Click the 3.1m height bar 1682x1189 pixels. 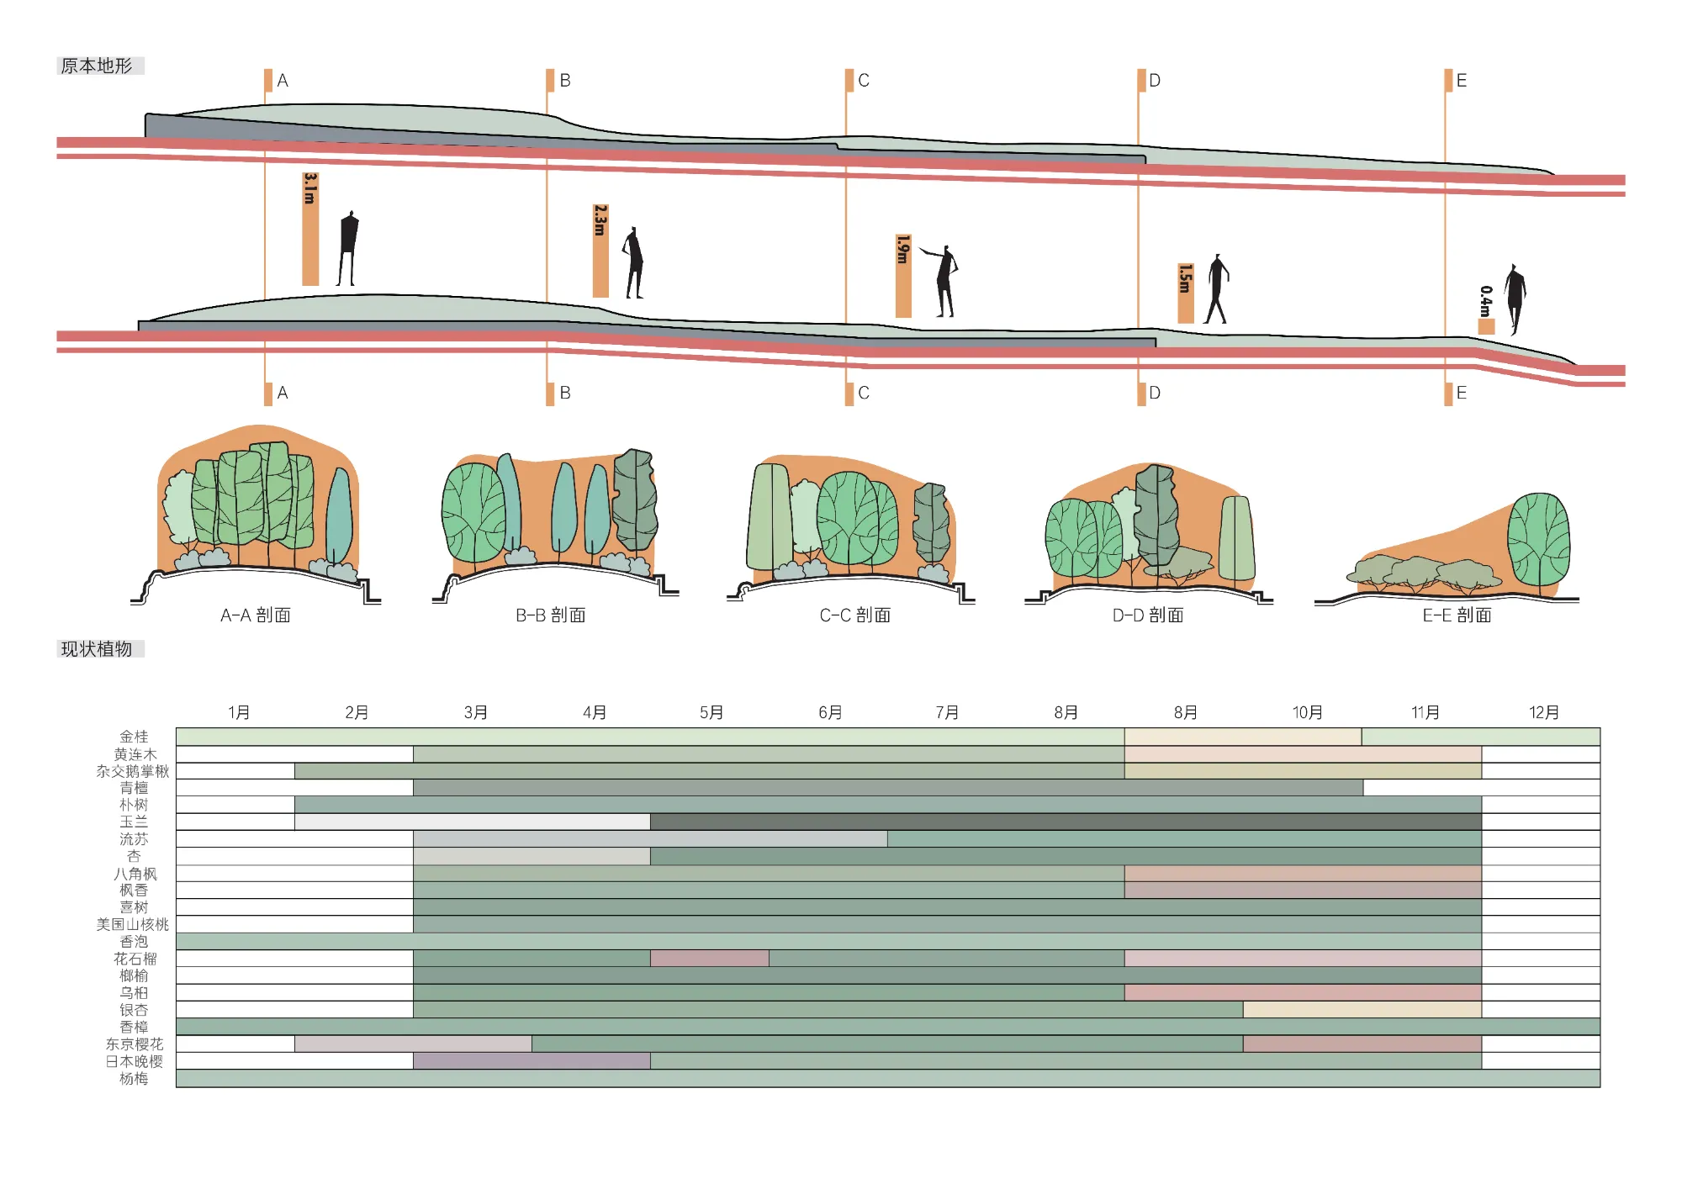(x=310, y=229)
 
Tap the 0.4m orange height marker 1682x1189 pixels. (x=1486, y=326)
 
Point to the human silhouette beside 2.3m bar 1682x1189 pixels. (x=634, y=262)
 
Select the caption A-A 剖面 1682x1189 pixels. (x=256, y=616)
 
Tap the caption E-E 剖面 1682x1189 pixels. (x=1457, y=616)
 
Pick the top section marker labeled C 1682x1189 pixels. (x=850, y=81)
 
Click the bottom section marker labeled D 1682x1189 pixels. (x=1142, y=394)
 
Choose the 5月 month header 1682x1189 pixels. (x=711, y=713)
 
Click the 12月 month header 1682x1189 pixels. (x=1544, y=713)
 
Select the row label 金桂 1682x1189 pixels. (x=134, y=737)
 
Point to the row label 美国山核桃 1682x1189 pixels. (x=132, y=925)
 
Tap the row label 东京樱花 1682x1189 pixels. (x=134, y=1044)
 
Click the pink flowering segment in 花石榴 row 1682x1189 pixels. (x=709, y=959)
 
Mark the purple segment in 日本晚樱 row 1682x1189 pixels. (x=531, y=1061)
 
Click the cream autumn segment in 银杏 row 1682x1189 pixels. (x=1362, y=1010)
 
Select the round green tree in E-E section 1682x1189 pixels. (x=1538, y=538)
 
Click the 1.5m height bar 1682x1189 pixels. (x=1186, y=293)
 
